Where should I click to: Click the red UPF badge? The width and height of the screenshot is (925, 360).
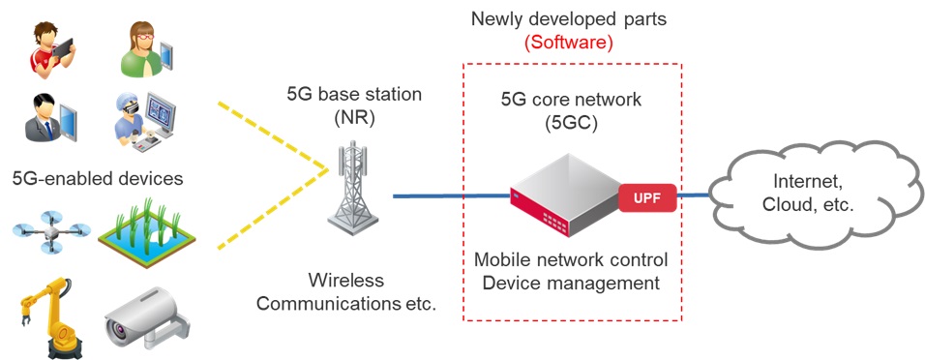(647, 196)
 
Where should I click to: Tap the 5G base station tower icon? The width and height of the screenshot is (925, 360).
(353, 189)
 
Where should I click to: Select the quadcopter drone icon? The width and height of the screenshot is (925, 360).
(51, 232)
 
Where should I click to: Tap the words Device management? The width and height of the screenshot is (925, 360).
(571, 284)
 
